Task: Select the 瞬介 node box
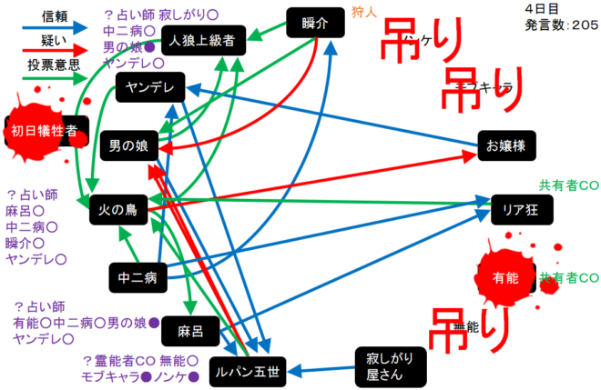pos(313,24)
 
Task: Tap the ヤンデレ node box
pos(151,87)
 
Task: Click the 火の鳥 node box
pos(119,209)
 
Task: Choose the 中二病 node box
pos(138,275)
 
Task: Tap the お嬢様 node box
pos(507,145)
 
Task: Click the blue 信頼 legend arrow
pos(49,28)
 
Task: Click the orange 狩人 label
pos(362,12)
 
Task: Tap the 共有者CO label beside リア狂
pos(569,185)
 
